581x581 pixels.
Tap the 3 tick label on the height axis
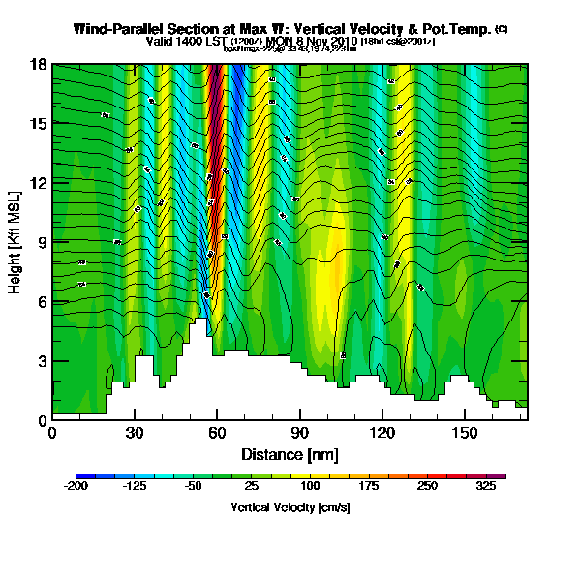(x=41, y=361)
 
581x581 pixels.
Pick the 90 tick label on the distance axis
(x=300, y=433)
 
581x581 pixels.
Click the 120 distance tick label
(x=382, y=433)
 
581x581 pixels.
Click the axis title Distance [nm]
(x=290, y=453)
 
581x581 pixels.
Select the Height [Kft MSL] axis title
(x=16, y=242)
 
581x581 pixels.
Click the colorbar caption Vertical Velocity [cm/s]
(x=290, y=507)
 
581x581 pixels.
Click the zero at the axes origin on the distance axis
(x=52, y=433)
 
